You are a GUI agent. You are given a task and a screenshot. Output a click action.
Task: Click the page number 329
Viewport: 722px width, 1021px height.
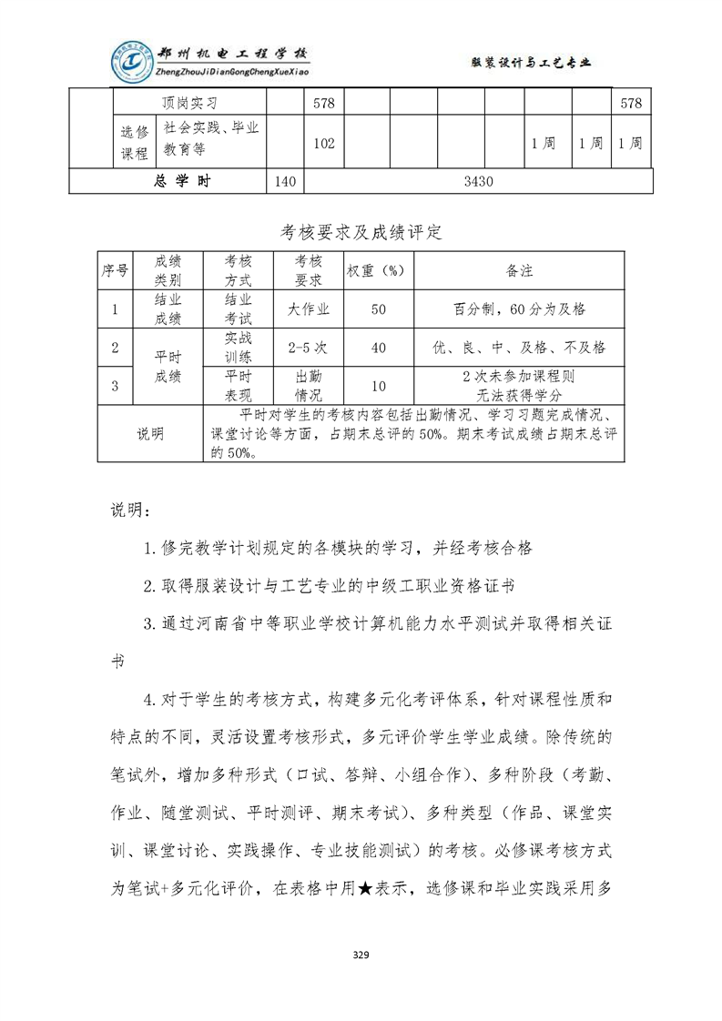(361, 955)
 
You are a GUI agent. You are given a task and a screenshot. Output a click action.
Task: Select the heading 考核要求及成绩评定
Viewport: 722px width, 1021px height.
(361, 233)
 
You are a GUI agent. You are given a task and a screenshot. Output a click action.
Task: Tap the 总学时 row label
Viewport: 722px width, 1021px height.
(183, 181)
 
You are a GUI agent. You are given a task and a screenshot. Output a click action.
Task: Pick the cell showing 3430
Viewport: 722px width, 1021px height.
(478, 181)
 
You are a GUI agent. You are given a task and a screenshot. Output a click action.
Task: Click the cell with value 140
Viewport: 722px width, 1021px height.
(284, 181)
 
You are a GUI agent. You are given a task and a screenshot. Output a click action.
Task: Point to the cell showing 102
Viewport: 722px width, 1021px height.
(324, 143)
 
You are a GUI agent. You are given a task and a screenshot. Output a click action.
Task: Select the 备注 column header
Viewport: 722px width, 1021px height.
(519, 271)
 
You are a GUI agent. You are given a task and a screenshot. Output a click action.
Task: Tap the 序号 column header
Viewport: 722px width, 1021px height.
(115, 271)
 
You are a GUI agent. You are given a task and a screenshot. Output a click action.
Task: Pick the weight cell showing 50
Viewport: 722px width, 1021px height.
(379, 309)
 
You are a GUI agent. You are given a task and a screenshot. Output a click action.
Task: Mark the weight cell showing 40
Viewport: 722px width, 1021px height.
(379, 347)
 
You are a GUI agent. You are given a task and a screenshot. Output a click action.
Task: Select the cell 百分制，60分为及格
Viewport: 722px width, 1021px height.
(519, 309)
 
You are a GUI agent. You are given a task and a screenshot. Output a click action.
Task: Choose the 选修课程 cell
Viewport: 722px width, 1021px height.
(134, 143)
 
